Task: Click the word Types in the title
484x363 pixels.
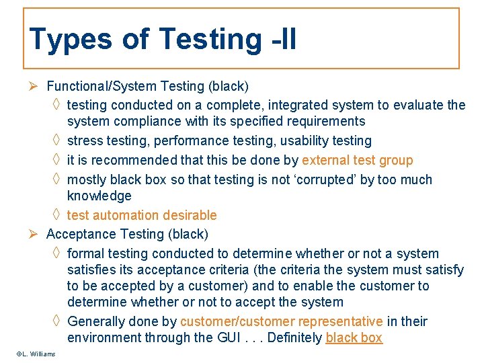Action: tap(71, 40)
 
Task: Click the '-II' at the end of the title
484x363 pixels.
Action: tap(280, 40)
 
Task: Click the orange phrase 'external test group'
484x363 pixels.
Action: tap(358, 160)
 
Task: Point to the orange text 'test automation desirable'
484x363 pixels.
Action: tap(142, 215)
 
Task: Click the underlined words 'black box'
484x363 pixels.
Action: tap(354, 337)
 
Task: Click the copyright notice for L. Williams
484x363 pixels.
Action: tap(36, 354)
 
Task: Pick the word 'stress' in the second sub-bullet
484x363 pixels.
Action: tap(85, 140)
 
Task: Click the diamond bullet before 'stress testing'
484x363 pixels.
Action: tap(56, 140)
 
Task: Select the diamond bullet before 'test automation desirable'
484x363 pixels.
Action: tap(56, 215)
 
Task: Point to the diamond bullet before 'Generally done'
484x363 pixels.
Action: tap(56, 321)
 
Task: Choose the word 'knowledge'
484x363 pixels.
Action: tap(99, 196)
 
